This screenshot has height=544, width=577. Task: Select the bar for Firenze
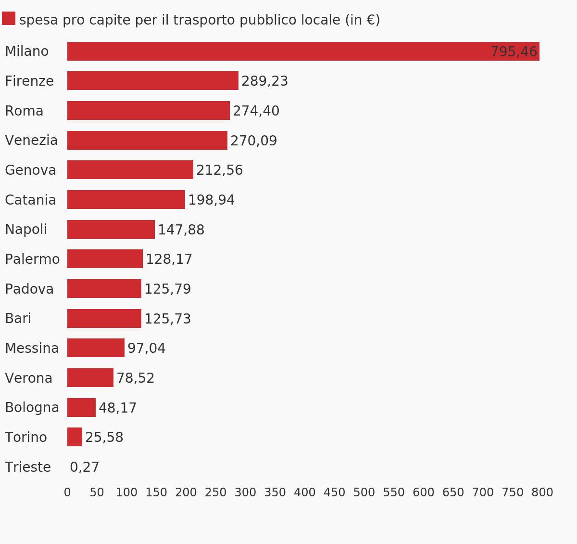pyautogui.click(x=153, y=81)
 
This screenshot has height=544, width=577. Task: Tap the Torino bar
pyautogui.click(x=75, y=437)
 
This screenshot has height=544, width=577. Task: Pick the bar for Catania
pyautogui.click(x=126, y=200)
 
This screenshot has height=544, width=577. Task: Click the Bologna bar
pyautogui.click(x=81, y=408)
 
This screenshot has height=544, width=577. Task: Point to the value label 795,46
pyautogui.click(x=514, y=52)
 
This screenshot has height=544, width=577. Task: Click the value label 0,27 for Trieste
pyautogui.click(x=85, y=467)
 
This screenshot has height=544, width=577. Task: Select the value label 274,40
pyautogui.click(x=256, y=111)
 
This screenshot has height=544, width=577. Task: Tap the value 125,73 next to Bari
pyautogui.click(x=167, y=319)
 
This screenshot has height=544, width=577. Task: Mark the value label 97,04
pyautogui.click(x=146, y=349)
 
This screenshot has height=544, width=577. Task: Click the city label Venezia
pyautogui.click(x=31, y=141)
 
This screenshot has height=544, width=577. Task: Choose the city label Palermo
pyautogui.click(x=32, y=259)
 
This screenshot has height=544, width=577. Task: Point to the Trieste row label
pyautogui.click(x=28, y=467)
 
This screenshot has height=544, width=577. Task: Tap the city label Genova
pyautogui.click(x=30, y=170)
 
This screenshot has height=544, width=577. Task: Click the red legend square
pyautogui.click(x=9, y=18)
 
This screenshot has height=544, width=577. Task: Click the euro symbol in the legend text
pyautogui.click(x=370, y=20)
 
